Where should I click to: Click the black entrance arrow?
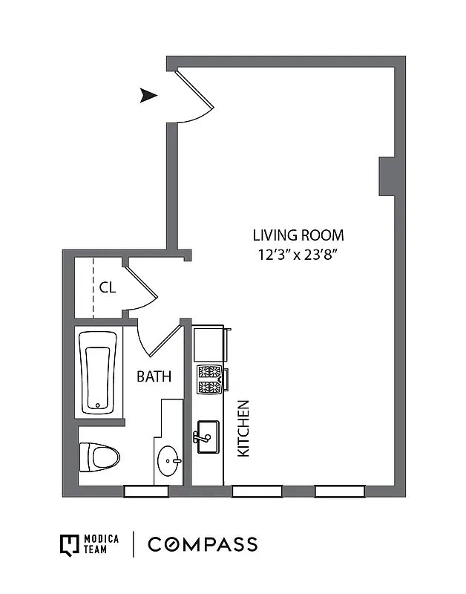coord(149,95)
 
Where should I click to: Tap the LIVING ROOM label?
coord(298,235)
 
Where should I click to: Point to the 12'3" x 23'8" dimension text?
coord(298,255)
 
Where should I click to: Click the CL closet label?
coord(107,287)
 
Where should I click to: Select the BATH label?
coord(154,376)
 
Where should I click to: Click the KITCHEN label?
coord(243,428)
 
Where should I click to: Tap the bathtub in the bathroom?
coord(98,371)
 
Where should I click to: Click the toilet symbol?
coord(98,454)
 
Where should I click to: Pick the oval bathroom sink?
coord(169,461)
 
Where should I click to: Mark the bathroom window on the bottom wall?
coord(145,491)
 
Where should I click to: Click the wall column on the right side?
coord(387,176)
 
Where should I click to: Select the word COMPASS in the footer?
coord(203,544)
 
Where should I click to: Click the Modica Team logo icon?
coord(69,544)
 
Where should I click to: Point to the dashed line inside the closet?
coord(93,287)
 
